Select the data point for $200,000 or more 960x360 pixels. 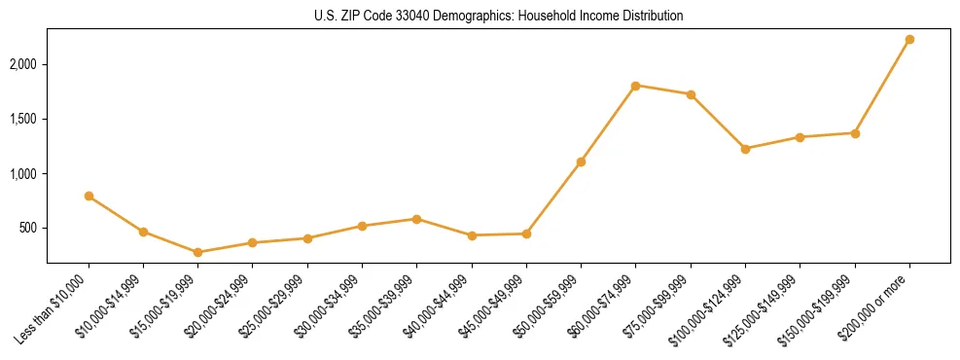909,40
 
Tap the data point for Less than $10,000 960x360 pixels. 89,197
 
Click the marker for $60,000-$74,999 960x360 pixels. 635,86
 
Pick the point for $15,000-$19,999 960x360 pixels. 197,252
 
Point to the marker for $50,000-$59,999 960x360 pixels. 581,162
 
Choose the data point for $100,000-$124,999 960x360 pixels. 745,149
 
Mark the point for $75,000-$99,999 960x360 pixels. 691,94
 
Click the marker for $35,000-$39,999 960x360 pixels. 416,219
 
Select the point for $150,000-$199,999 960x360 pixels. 855,133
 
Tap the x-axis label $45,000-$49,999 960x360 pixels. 492,307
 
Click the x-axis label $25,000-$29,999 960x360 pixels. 273,307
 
